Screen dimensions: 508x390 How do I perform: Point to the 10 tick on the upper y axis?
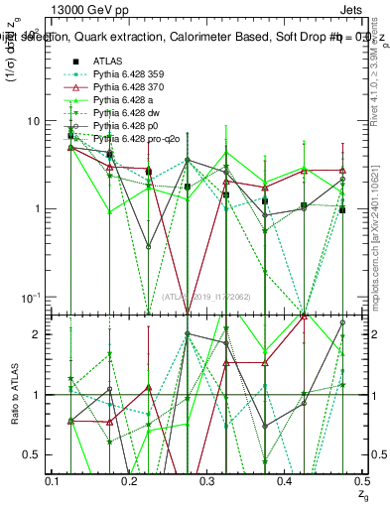(32, 121)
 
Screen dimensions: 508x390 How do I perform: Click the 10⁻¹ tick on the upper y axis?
(30, 297)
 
